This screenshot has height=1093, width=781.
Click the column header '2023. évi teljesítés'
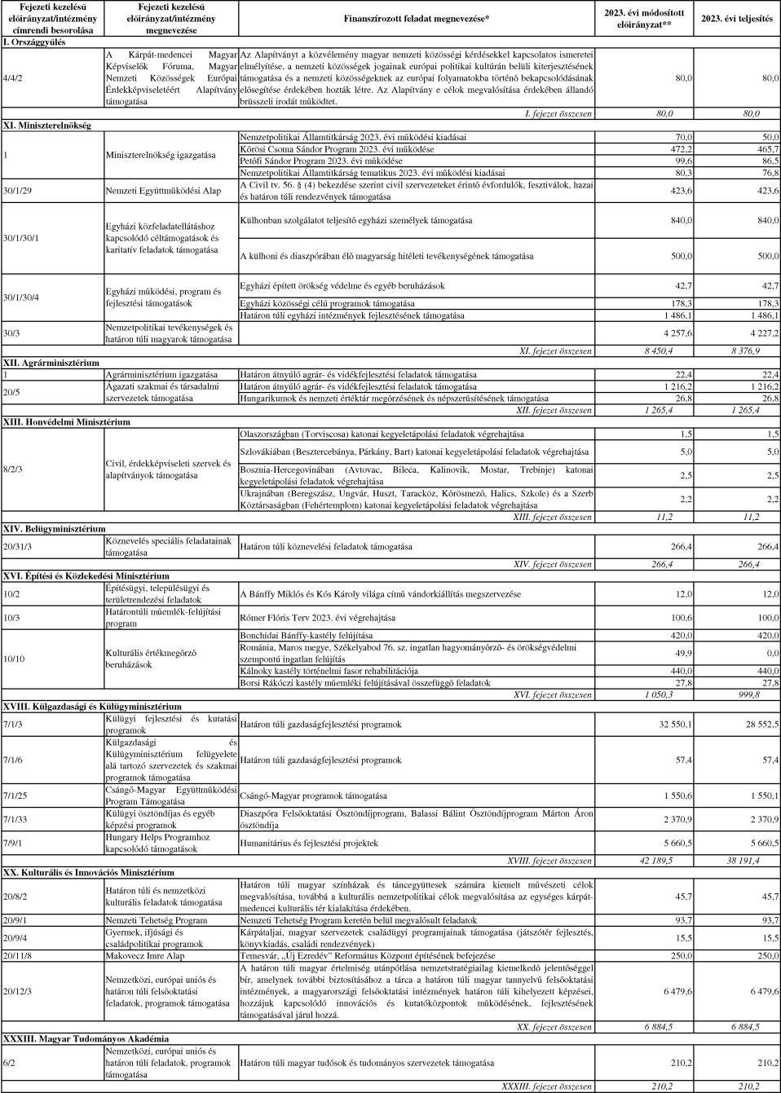point(736,19)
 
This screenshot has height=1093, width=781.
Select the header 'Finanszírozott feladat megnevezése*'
point(417,18)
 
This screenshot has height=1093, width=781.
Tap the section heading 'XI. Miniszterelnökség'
point(47,126)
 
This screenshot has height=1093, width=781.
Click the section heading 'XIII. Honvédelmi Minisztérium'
point(67,422)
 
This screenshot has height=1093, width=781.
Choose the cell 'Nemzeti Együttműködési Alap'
point(163,191)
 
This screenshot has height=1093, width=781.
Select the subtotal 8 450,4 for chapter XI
point(659,351)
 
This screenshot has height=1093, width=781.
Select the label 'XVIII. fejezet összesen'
point(549,861)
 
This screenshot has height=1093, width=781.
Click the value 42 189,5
point(656,861)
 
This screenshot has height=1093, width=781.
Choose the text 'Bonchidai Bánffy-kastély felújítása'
point(306,636)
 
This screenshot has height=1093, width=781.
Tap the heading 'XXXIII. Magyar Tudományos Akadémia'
point(86,1039)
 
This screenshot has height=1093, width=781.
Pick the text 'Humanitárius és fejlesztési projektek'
point(309,844)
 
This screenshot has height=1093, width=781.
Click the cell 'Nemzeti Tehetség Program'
point(157,920)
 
